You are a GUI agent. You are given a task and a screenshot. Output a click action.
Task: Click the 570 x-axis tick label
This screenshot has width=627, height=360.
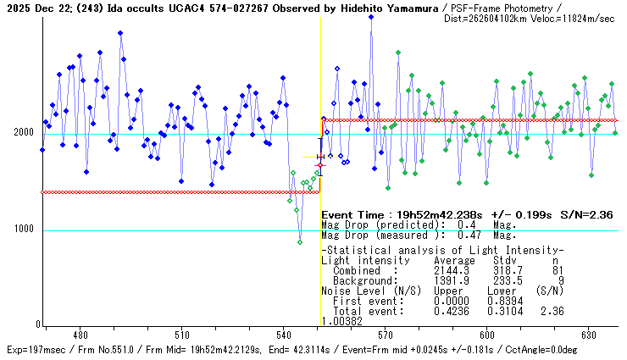385,335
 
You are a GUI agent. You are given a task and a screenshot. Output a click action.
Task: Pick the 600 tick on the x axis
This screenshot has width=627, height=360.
486,335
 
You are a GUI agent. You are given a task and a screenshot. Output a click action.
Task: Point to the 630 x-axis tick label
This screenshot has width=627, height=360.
588,335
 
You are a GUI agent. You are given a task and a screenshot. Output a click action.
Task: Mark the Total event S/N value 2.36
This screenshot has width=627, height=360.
550,311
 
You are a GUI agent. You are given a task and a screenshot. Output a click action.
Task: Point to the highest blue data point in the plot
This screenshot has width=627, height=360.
371,17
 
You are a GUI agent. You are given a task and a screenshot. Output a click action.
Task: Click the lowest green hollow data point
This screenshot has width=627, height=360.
300,242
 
